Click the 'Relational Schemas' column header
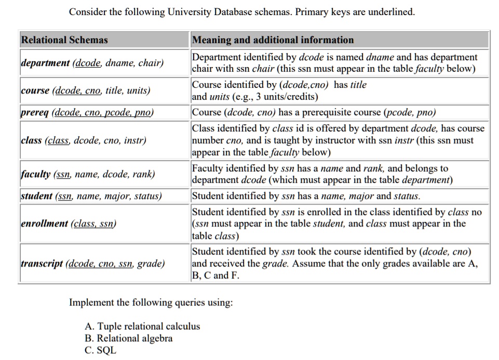(64, 40)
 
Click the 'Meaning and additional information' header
(273, 40)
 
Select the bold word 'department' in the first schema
(45, 63)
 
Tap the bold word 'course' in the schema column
(35, 91)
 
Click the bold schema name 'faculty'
(36, 175)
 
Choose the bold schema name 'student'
(36, 196)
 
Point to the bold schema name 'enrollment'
(45, 224)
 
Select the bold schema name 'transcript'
(43, 264)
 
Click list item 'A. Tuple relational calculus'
(142, 327)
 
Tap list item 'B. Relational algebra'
(129, 338)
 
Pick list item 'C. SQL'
(101, 350)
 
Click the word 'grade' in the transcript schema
(151, 264)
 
